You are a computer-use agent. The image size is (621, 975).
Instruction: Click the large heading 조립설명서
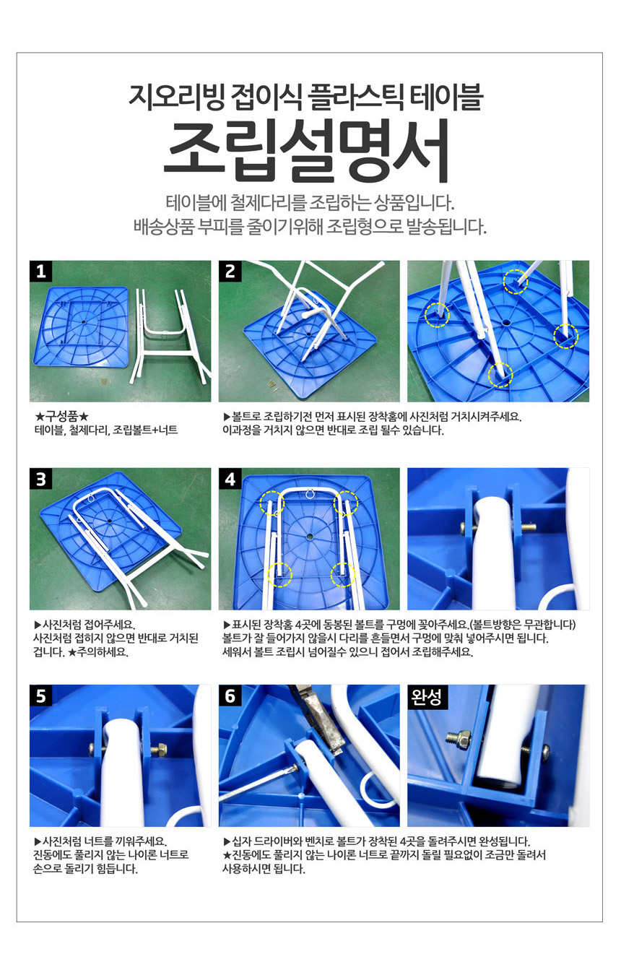307,151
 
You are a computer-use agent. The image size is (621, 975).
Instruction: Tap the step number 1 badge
40,271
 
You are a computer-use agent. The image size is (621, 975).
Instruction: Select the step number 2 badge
230,271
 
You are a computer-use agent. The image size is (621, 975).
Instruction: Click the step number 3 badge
40,479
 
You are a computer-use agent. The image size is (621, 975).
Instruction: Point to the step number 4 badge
230,479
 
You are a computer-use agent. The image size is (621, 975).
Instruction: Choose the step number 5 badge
40,695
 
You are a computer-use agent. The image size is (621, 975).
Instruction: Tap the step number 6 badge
230,695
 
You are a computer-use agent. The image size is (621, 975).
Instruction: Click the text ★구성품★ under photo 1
62,417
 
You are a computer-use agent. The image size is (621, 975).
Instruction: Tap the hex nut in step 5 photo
160,750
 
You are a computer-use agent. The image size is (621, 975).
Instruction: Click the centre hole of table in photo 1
84,321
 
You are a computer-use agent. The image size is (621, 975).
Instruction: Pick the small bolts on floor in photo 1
105,382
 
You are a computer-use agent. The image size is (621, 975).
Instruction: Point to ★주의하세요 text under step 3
98,652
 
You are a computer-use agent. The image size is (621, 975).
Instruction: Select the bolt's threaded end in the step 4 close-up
529,527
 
